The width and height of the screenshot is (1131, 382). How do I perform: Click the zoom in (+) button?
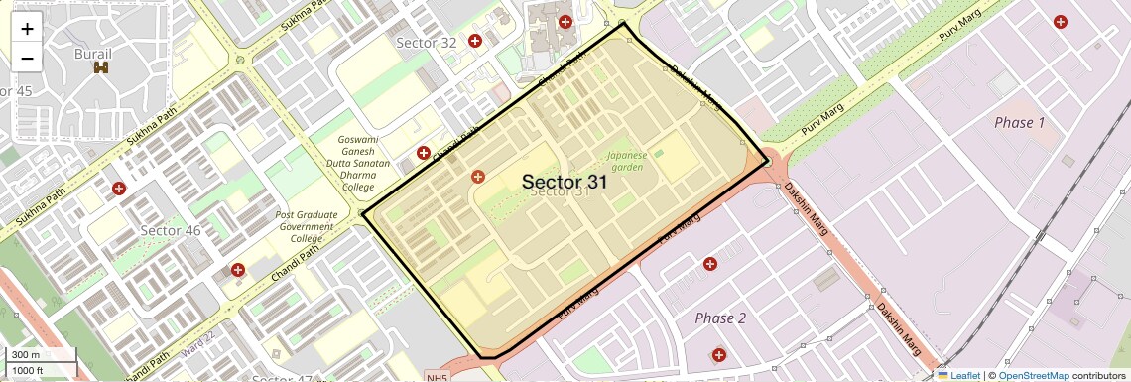[x=27, y=28]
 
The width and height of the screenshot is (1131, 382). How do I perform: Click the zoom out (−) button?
[x=27, y=59]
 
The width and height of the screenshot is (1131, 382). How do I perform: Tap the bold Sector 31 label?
[x=564, y=182]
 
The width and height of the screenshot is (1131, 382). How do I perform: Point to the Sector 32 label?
[x=426, y=43]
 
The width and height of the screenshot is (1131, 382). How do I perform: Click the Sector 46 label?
[x=171, y=230]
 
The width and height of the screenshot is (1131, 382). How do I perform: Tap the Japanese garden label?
[x=627, y=161]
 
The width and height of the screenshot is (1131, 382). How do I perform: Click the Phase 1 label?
[x=1019, y=122]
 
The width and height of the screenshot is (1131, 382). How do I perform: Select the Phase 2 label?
[x=720, y=318]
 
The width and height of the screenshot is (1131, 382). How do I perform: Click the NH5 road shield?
[x=438, y=377]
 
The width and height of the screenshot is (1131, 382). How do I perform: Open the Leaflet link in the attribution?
[x=958, y=375]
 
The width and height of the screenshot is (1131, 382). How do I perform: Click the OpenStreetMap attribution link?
[x=1033, y=375]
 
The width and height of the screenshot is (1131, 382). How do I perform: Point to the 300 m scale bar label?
[x=27, y=355]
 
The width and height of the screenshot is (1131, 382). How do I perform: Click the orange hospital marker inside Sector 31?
[x=478, y=176]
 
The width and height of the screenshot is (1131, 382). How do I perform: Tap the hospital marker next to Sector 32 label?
[x=475, y=41]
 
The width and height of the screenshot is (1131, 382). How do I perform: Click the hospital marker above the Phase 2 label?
[x=710, y=263]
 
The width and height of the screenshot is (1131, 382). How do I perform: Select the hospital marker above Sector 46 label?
[x=119, y=188]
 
